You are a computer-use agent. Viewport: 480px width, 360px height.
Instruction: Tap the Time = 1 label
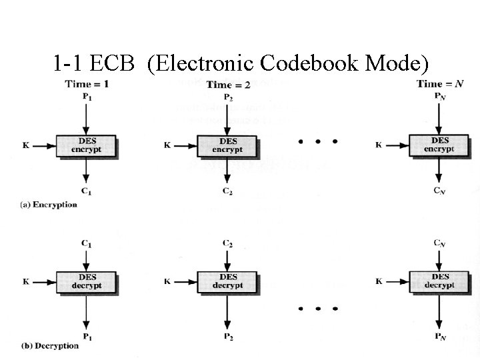(x=87, y=84)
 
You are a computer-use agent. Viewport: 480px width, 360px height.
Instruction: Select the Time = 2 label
(x=228, y=85)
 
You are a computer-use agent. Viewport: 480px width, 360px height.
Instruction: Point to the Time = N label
(x=439, y=84)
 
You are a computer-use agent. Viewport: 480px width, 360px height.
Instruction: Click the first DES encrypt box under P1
(x=86, y=146)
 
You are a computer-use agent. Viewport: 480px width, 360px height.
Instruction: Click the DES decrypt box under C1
(x=87, y=281)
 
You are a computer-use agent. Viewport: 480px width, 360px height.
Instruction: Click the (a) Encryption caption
(x=49, y=205)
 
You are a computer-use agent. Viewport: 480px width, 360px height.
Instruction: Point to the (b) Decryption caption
(x=50, y=345)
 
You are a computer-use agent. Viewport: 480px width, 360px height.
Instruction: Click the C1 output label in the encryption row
(x=87, y=192)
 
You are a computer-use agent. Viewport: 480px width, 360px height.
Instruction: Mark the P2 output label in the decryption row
(x=228, y=335)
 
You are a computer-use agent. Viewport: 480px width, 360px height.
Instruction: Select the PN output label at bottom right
(x=439, y=335)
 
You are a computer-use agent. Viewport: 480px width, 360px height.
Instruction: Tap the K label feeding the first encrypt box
(x=26, y=145)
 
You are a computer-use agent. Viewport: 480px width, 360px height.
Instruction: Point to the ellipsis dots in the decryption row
(x=318, y=309)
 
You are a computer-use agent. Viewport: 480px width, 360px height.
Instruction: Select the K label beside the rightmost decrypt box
(x=379, y=281)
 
